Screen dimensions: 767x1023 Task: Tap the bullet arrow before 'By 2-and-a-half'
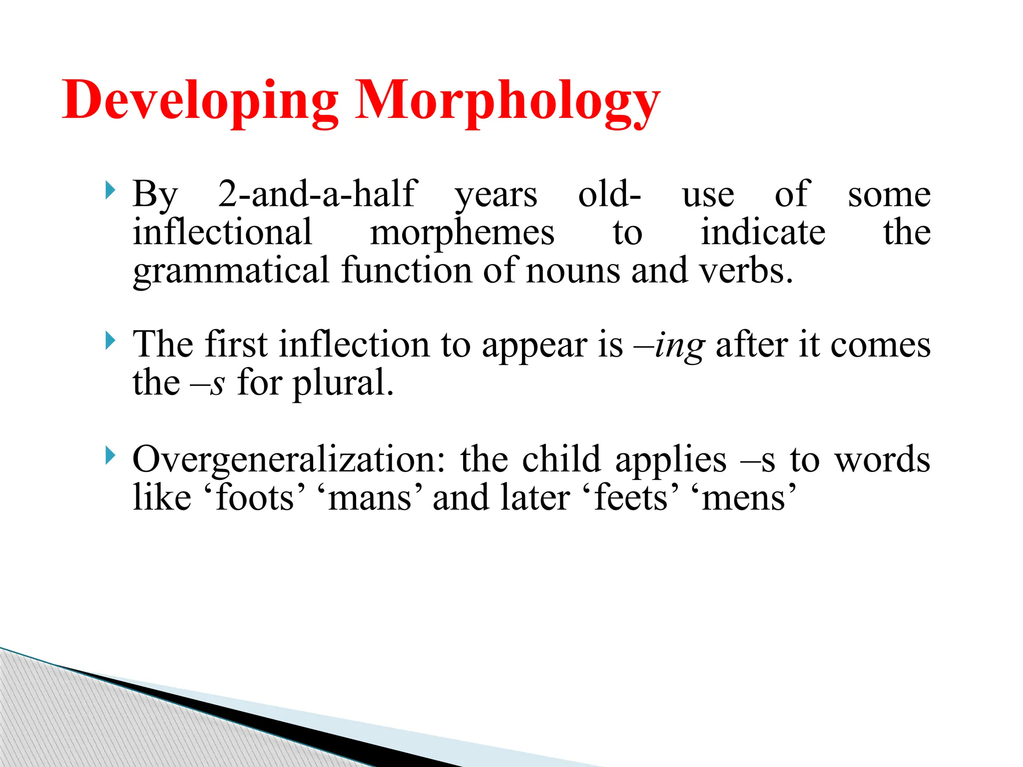point(110,191)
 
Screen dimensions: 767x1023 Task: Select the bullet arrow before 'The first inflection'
point(110,342)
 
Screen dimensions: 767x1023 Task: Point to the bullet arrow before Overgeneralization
point(110,456)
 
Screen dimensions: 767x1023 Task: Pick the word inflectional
point(222,232)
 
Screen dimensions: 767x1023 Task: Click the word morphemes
point(462,233)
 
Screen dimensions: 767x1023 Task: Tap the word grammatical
point(231,271)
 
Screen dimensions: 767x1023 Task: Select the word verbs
point(745,271)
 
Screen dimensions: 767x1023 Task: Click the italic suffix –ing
point(669,346)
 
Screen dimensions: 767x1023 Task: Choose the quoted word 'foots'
point(255,498)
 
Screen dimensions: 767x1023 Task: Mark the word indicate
point(763,232)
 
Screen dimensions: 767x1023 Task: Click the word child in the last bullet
point(561,459)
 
